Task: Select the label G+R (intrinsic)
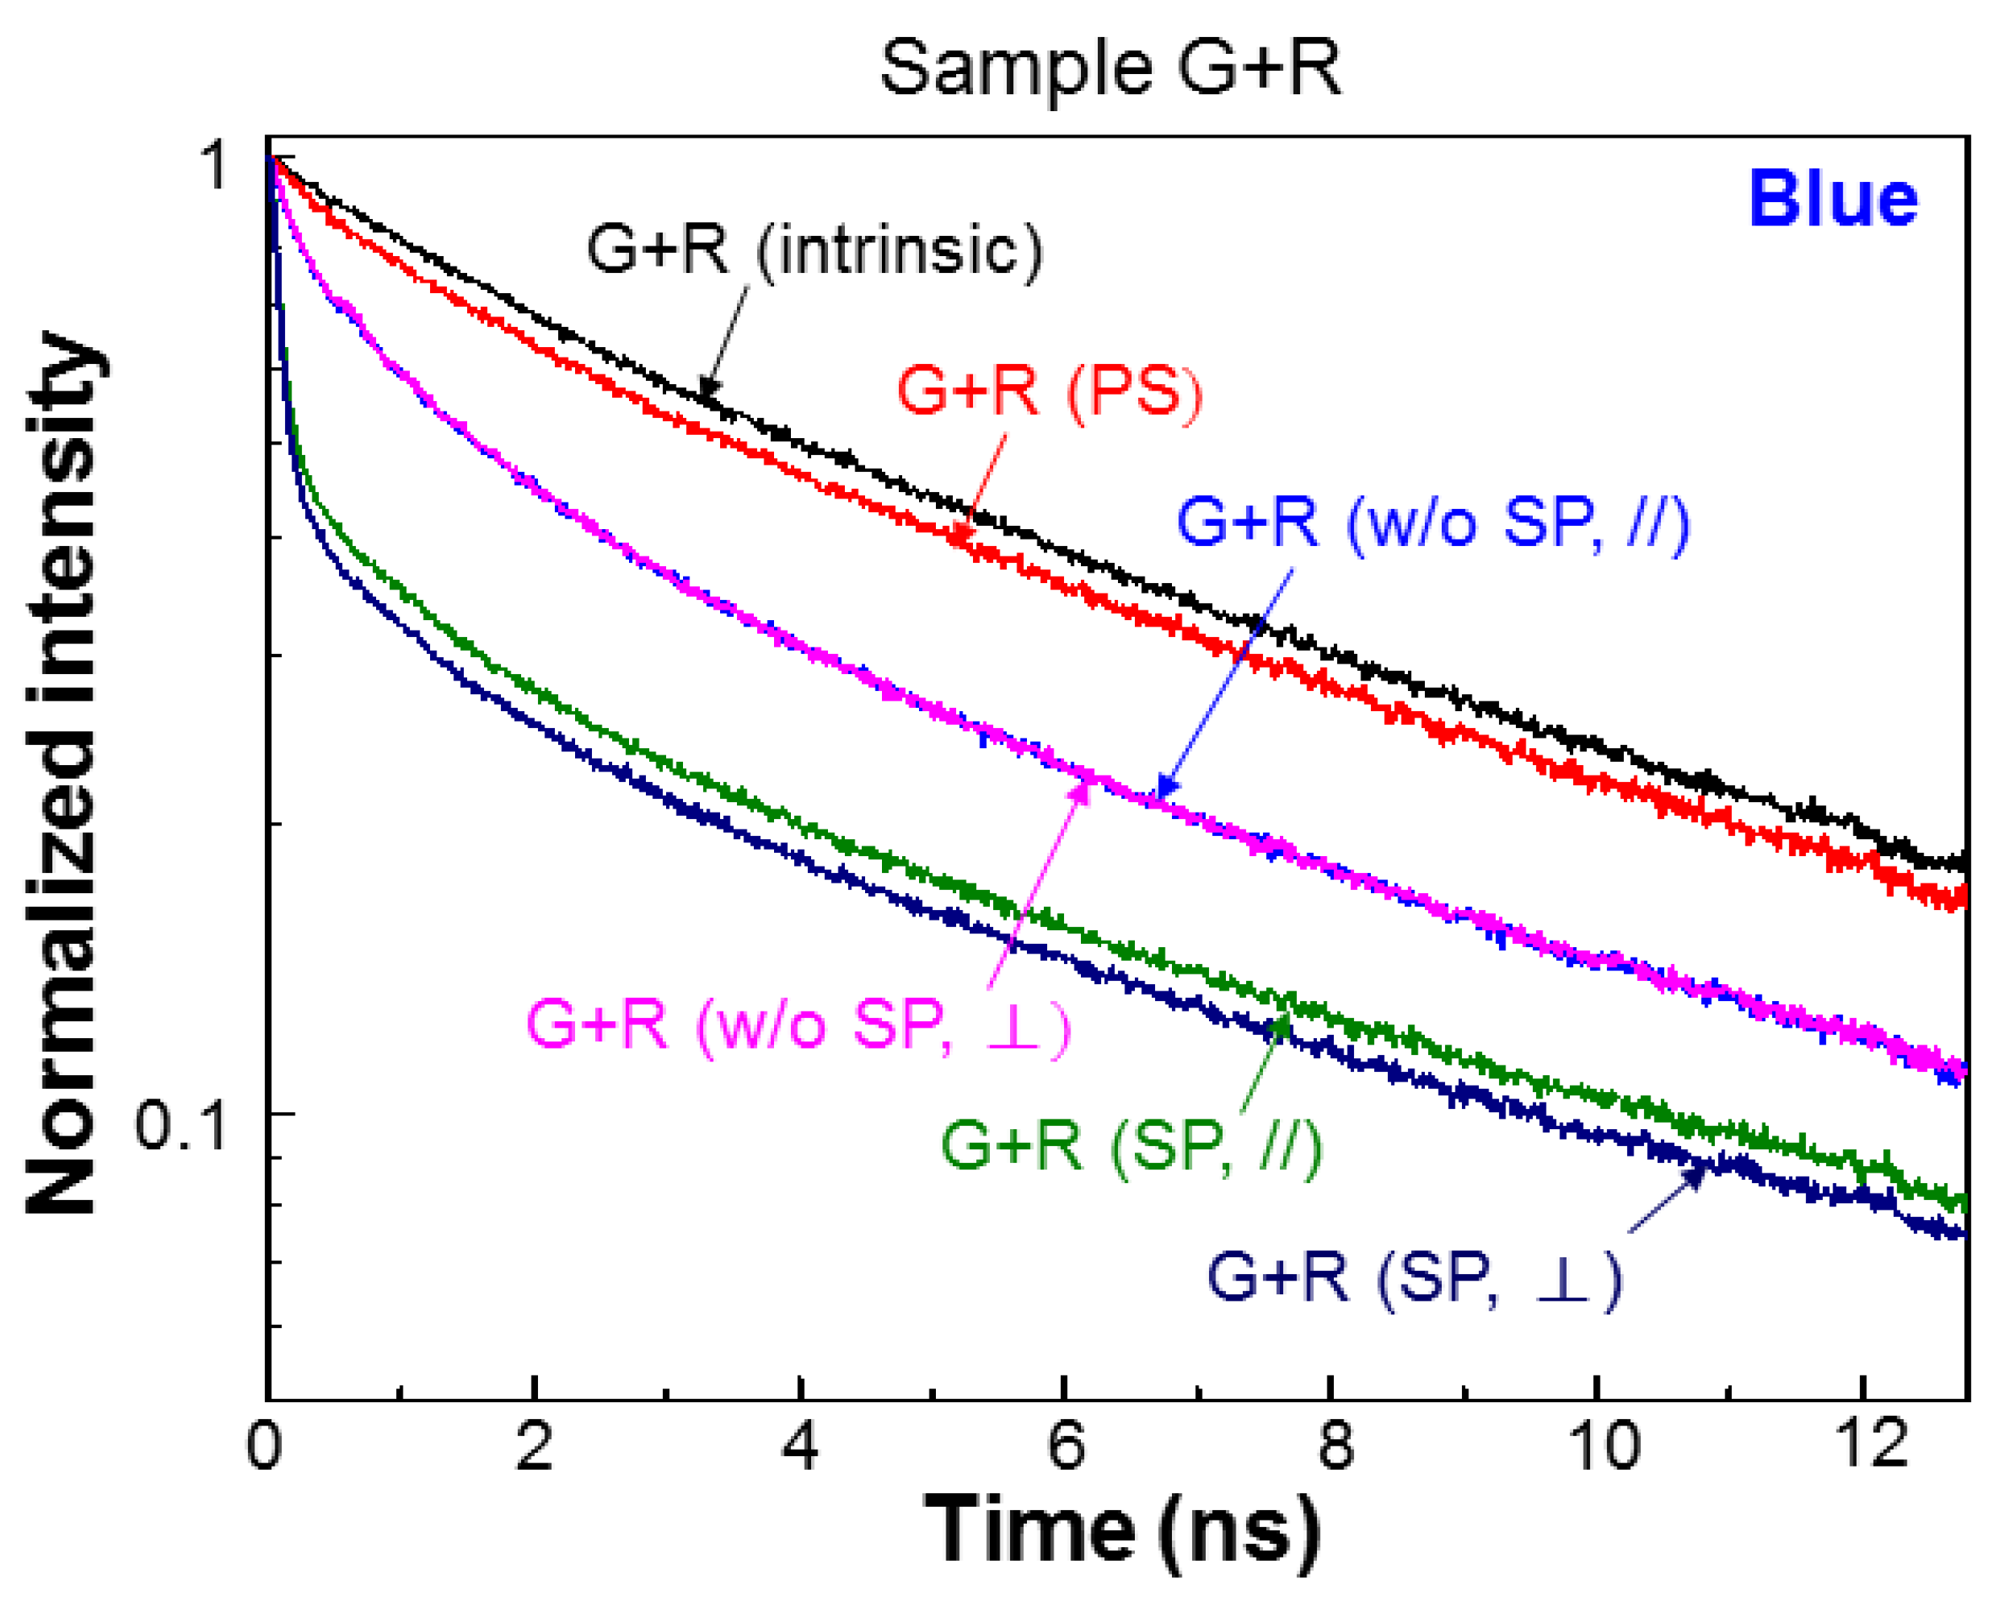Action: (x=813, y=250)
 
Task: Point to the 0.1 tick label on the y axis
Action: (x=181, y=1124)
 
